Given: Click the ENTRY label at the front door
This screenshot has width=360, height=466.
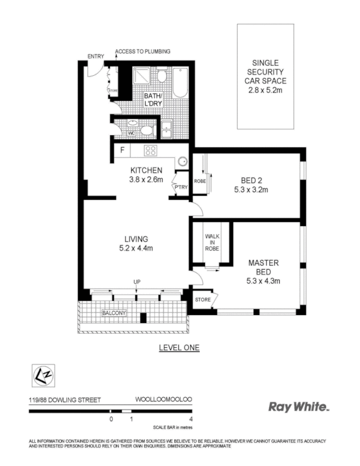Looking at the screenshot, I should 96,56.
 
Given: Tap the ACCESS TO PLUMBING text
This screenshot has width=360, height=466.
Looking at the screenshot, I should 143,51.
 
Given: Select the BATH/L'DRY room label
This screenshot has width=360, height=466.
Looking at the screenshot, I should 154,100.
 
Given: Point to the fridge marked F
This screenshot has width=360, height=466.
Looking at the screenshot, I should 122,150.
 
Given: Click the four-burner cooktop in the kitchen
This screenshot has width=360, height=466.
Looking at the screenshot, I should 151,151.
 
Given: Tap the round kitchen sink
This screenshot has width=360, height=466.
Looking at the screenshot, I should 182,162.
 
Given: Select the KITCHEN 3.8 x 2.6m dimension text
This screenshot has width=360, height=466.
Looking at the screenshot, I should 146,174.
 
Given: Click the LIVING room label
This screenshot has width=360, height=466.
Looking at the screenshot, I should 136,243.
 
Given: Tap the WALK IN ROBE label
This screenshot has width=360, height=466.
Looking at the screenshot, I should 211,242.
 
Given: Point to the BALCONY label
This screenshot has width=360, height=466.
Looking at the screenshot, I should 114,313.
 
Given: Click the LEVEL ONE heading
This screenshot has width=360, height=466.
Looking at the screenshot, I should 179,348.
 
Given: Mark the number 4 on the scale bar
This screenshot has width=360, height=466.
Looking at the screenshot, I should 191,419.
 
